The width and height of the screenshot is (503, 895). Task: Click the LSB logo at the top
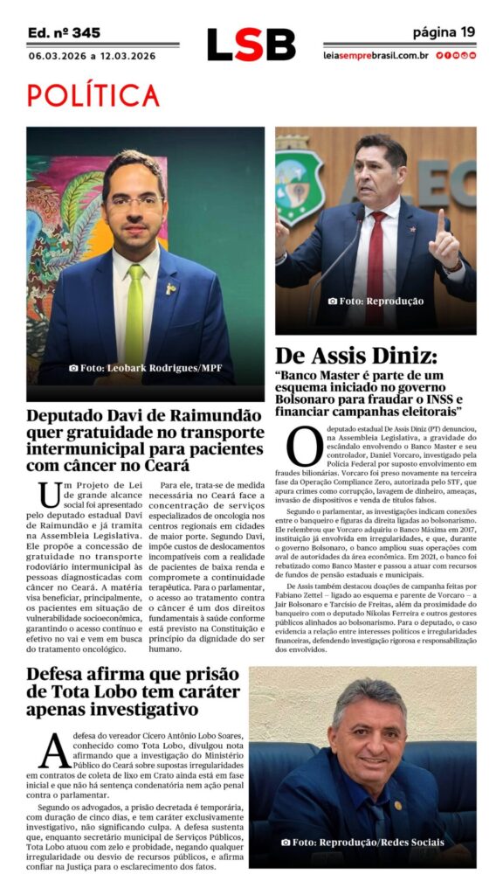(x=251, y=45)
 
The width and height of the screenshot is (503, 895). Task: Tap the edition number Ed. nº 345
(x=64, y=32)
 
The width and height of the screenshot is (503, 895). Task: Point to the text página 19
(x=444, y=32)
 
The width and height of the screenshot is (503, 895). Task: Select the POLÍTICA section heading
(x=93, y=95)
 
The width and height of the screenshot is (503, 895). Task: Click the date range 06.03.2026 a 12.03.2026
(x=92, y=56)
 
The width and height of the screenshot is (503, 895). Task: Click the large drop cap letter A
(x=52, y=749)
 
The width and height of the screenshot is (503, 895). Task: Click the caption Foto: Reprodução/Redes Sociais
(x=362, y=843)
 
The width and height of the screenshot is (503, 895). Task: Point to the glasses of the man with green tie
(x=135, y=202)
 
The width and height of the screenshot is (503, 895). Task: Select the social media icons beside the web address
(x=456, y=55)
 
